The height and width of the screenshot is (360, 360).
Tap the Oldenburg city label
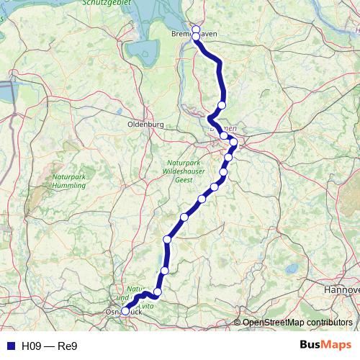[x=146, y=124]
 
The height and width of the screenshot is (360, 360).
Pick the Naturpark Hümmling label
[x=70, y=180]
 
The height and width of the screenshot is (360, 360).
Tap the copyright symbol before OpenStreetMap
[x=238, y=322]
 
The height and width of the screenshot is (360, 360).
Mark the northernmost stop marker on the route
[x=196, y=29]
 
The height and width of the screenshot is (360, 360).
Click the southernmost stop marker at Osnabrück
[x=125, y=311]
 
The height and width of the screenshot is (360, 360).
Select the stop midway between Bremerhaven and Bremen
[x=222, y=105]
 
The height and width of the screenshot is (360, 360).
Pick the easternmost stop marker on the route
[x=233, y=143]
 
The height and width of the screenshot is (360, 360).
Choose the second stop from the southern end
[x=158, y=292]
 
